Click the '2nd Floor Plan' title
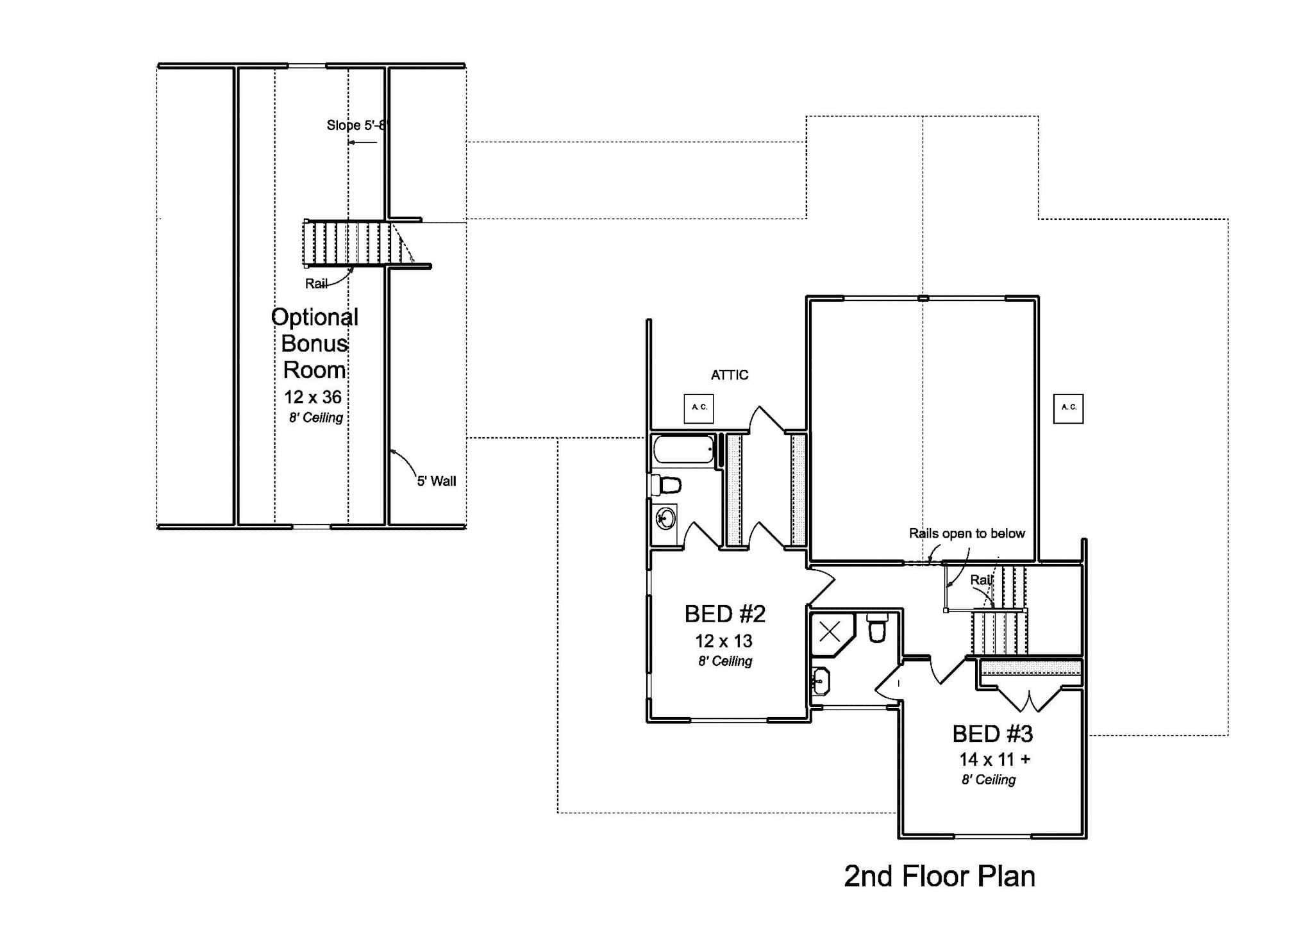tap(939, 876)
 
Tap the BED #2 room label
tap(724, 614)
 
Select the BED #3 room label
tap(992, 734)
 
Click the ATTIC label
tap(729, 375)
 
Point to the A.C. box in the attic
tap(699, 408)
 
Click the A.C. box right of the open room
tap(1068, 408)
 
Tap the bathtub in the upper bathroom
tap(684, 449)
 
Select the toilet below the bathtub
tap(667, 485)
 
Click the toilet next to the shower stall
tap(876, 627)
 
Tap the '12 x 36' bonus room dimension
tap(313, 397)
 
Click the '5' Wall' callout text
tap(437, 481)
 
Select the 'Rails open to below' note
tap(967, 533)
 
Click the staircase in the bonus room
tap(353, 244)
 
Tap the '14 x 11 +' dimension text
tap(994, 759)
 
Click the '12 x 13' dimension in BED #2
tap(724, 641)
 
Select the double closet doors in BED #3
tap(1030, 699)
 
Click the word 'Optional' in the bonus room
tap(314, 317)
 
